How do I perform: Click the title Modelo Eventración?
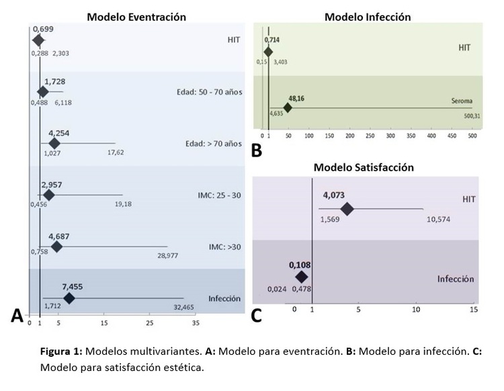click(136, 16)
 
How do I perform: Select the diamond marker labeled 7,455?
click(69, 298)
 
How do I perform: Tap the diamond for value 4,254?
click(54, 143)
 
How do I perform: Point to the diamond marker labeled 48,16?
click(288, 107)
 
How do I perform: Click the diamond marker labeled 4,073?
click(347, 209)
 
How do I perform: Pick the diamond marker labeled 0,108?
click(301, 276)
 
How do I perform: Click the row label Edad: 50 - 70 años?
click(204, 90)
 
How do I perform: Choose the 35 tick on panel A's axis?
click(196, 323)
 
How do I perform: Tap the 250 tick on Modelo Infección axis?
click(370, 136)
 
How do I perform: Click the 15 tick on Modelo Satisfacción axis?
click(473, 309)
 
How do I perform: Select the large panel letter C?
click(257, 314)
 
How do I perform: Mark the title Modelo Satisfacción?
click(367, 167)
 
